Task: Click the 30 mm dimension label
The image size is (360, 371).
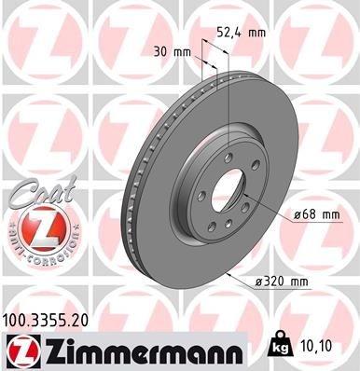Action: click(169, 52)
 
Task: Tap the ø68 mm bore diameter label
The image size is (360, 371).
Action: click(315, 214)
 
